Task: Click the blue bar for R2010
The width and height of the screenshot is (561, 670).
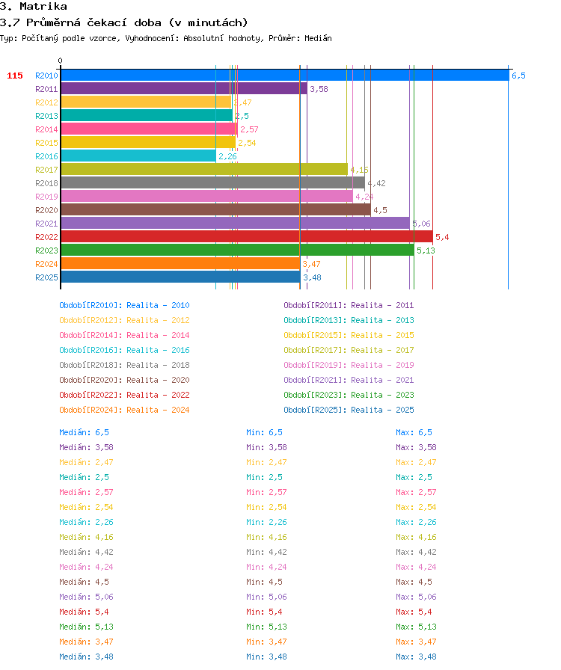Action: (x=285, y=76)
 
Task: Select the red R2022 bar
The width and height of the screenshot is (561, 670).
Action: (x=247, y=237)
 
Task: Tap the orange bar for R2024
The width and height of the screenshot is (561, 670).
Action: (x=180, y=264)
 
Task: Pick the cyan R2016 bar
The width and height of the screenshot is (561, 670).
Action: (x=138, y=156)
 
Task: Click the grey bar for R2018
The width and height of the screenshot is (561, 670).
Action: (x=213, y=183)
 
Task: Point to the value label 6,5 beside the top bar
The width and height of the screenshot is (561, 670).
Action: (x=518, y=76)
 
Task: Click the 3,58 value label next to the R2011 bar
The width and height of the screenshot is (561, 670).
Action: (x=319, y=89)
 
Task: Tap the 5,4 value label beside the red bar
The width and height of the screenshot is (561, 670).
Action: (x=442, y=237)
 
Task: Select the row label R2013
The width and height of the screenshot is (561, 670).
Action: (x=46, y=116)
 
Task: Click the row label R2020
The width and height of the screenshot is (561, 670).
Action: (x=46, y=210)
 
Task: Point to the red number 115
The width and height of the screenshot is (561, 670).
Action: (x=15, y=76)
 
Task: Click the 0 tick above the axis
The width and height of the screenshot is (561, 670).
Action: (x=61, y=61)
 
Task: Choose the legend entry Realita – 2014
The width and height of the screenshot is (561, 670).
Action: (x=158, y=335)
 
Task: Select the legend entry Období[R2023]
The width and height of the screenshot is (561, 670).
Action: (x=315, y=395)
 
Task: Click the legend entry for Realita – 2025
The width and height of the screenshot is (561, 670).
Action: (x=382, y=410)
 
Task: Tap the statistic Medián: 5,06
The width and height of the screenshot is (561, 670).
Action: (x=86, y=597)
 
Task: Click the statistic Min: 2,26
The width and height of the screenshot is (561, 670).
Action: (x=266, y=522)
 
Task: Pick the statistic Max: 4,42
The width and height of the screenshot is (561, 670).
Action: (x=416, y=552)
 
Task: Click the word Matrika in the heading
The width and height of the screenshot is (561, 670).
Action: (x=43, y=7)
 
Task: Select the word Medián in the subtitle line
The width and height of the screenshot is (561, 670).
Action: (x=318, y=38)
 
